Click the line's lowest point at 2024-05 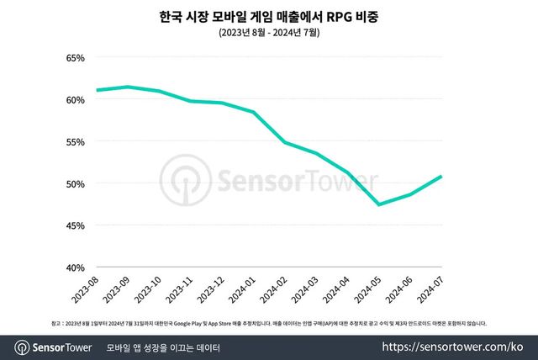point(379,204)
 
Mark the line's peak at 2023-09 point(128,87)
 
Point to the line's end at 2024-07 point(441,177)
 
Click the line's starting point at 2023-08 point(97,90)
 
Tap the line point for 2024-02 point(285,142)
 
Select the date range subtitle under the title point(269,33)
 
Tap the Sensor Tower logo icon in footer point(23,347)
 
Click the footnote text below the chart point(269,323)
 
